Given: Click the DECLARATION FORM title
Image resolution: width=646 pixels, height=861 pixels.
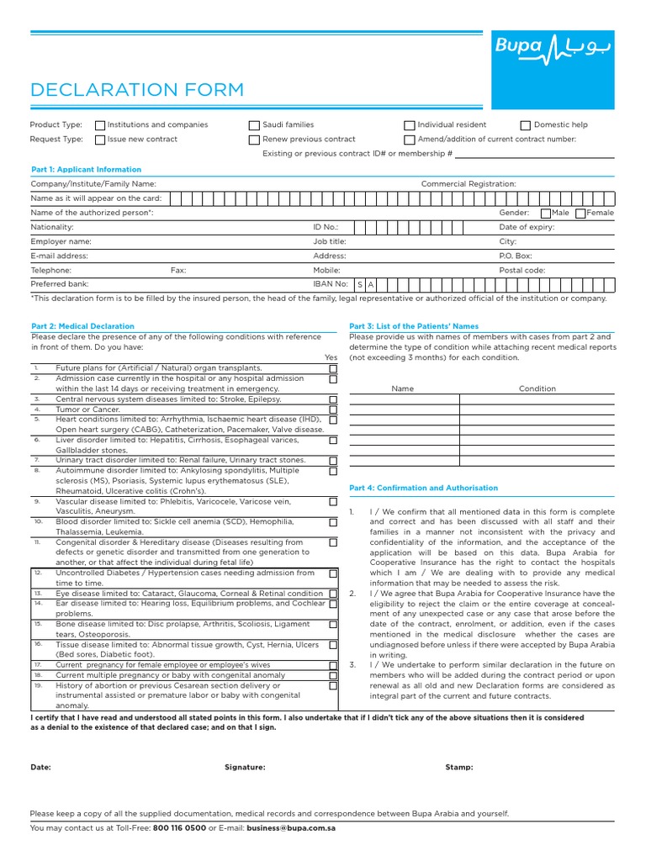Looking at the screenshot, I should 137,90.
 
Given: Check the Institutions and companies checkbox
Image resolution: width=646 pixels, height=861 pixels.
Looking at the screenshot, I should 100,125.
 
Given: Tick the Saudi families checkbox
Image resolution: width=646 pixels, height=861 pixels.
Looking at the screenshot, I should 254,125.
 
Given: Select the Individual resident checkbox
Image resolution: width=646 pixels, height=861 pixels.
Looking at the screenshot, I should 410,125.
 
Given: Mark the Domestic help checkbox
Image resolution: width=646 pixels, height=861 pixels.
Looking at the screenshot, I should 526,125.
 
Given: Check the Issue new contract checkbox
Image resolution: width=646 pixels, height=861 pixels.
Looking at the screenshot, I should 100,140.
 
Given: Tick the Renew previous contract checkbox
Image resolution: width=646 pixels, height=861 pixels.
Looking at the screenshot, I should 254,140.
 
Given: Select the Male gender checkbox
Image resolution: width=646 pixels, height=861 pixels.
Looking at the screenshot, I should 546,214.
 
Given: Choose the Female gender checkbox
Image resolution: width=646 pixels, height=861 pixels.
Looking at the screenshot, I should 581,214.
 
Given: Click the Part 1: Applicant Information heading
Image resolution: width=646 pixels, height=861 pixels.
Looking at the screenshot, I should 86,169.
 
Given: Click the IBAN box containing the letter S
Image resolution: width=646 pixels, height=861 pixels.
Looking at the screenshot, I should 360,285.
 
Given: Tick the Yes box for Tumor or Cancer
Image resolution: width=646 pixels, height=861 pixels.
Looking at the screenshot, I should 333,409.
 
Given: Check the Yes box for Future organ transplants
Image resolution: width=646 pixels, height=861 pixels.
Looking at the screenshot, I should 333,368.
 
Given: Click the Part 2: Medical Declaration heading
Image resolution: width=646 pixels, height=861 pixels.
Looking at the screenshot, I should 82,326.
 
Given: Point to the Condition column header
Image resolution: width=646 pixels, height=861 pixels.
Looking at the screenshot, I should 537,388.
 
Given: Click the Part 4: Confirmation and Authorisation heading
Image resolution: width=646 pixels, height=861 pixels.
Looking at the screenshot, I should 423,488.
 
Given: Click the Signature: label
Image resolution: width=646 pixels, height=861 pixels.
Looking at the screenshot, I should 245,767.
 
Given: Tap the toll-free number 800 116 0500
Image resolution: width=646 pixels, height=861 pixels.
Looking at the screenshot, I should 178,828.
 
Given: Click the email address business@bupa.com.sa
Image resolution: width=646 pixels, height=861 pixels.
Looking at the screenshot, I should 291,828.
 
